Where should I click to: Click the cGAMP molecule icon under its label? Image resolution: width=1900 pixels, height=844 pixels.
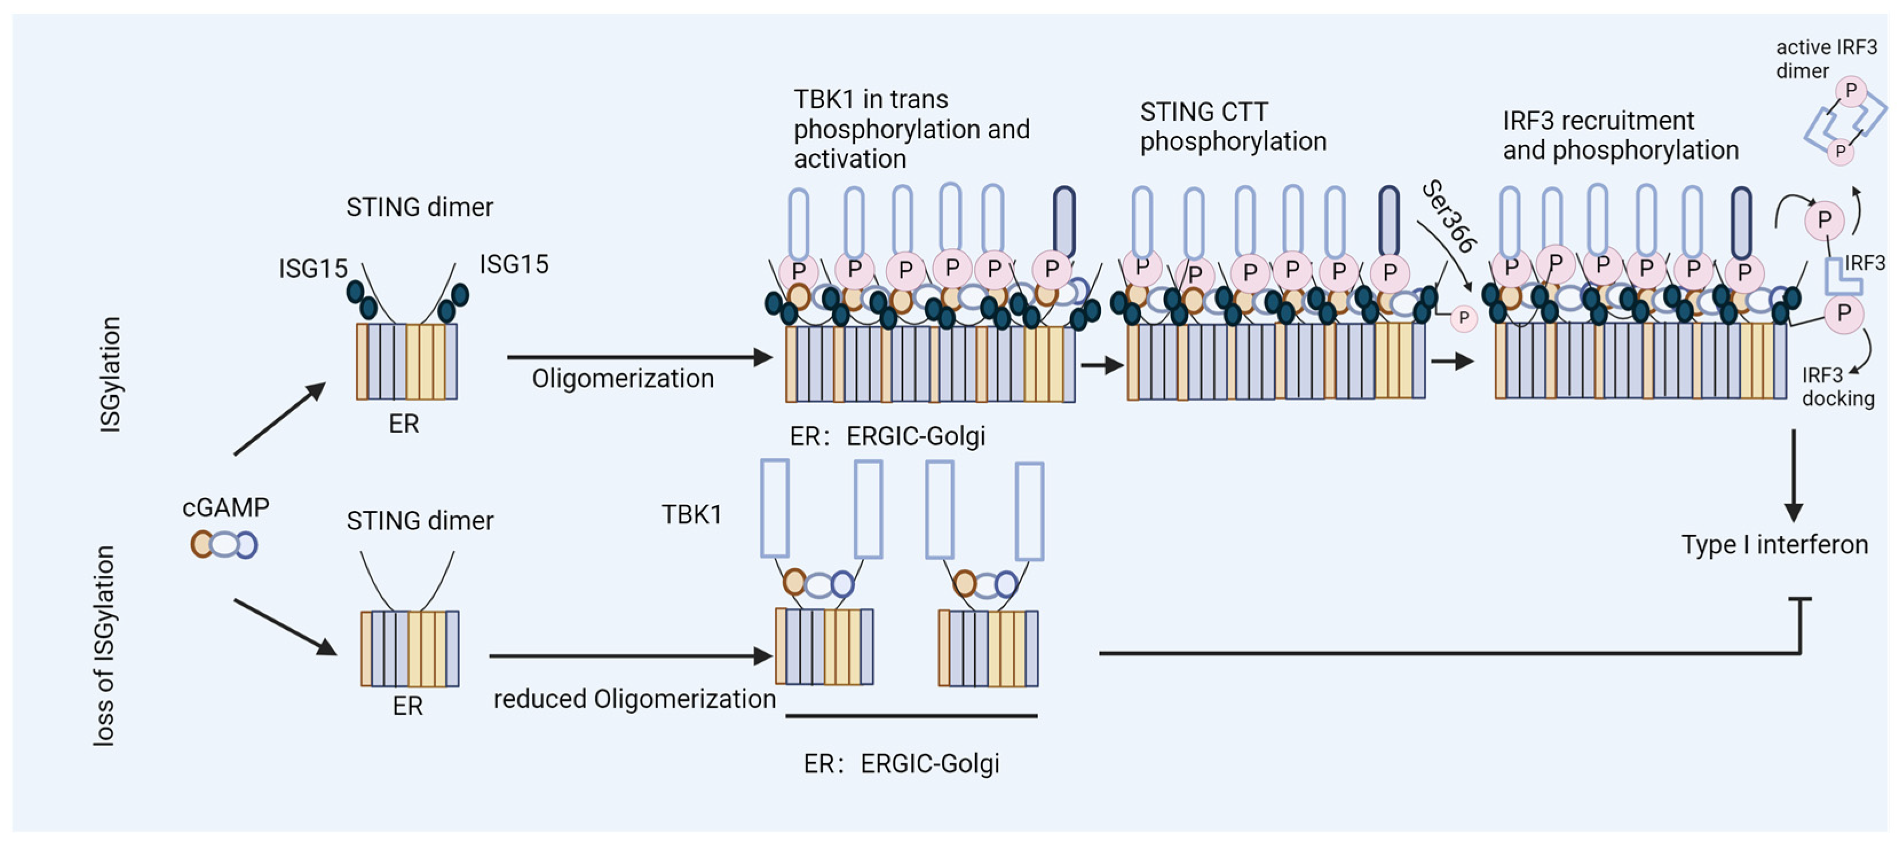pyautogui.click(x=224, y=545)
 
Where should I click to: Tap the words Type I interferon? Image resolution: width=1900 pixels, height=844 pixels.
pyautogui.click(x=1775, y=545)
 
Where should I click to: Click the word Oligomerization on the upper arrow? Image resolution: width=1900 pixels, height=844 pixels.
pyautogui.click(x=623, y=378)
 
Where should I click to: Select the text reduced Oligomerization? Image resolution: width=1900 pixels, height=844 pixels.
pyautogui.click(x=634, y=699)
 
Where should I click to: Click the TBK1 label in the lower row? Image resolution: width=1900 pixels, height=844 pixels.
pyautogui.click(x=691, y=514)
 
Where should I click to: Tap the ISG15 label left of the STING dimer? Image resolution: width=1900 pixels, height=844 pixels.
pyautogui.click(x=312, y=269)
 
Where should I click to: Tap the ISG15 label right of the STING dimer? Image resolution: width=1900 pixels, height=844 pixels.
pyautogui.click(x=514, y=264)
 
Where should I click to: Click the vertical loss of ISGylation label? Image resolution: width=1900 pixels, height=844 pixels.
pyautogui.click(x=104, y=646)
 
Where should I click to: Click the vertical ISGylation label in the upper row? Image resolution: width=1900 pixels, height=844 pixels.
pyautogui.click(x=110, y=374)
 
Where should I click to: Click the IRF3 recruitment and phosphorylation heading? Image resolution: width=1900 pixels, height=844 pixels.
pyautogui.click(x=1621, y=135)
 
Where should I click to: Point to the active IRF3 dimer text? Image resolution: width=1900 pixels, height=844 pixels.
pyautogui.click(x=1826, y=59)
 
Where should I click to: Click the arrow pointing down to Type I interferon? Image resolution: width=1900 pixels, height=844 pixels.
pyautogui.click(x=1794, y=476)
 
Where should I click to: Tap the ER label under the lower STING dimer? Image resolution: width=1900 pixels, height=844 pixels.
pyautogui.click(x=408, y=706)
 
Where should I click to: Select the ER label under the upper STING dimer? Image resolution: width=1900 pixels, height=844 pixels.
pyautogui.click(x=403, y=424)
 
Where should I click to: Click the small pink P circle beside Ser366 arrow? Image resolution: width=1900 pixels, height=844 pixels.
pyautogui.click(x=1464, y=319)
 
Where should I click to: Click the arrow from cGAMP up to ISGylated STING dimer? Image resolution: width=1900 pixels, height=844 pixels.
pyautogui.click(x=279, y=419)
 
